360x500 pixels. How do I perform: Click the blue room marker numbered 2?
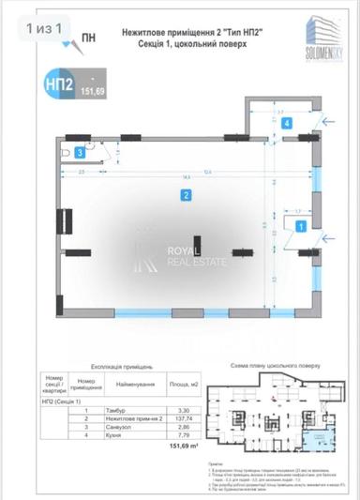[x=187, y=195]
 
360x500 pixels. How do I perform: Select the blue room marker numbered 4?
[x=289, y=123]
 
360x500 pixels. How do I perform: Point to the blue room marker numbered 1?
[x=301, y=226]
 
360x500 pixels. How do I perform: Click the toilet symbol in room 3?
[x=62, y=150]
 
